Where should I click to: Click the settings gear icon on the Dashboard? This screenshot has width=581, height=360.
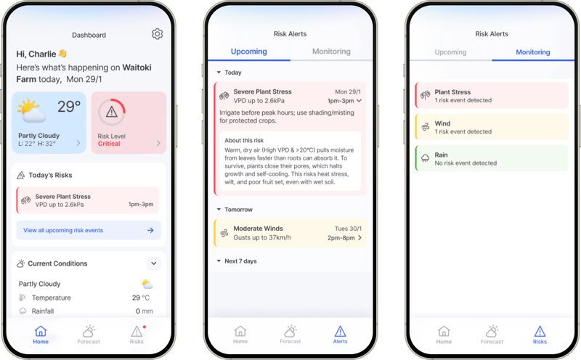pos(158,34)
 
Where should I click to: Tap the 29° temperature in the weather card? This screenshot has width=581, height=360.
pos(69,107)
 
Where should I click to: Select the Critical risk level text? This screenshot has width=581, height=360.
pos(109,144)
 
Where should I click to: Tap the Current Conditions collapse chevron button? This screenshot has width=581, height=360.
pos(153,263)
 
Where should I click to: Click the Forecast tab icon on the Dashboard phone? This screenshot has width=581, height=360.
pos(89,331)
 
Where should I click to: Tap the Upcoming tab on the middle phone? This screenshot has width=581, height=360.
pos(248,52)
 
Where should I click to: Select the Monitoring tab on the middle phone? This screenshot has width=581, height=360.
pos(331,52)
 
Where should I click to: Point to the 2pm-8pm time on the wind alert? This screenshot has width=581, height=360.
pos(341,238)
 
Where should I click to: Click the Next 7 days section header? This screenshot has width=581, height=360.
pos(240,261)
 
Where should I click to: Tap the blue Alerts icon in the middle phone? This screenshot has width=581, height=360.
pos(341,331)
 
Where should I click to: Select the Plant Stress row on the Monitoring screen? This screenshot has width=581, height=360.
pos(491,96)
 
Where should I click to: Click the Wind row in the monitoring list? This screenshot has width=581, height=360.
pos(491,127)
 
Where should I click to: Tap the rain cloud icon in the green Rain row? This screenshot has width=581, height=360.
pos(425,158)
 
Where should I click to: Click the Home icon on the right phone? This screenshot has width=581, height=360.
pos(444,331)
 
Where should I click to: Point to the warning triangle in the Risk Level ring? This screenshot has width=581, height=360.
pos(111,112)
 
